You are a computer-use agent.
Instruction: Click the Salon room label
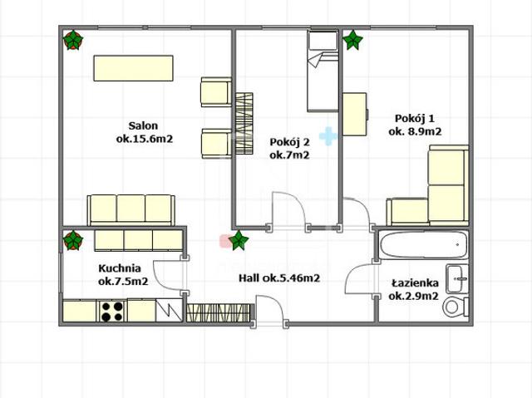(x=143, y=125)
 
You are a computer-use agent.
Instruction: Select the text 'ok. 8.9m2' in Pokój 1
(x=415, y=131)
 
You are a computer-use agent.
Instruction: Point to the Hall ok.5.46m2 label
(x=279, y=278)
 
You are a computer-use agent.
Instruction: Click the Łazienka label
(x=415, y=283)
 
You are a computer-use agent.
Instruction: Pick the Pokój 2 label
(x=289, y=142)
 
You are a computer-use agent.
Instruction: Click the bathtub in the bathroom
(x=423, y=245)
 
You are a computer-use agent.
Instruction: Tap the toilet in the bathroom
(x=456, y=307)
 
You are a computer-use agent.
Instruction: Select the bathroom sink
(x=457, y=278)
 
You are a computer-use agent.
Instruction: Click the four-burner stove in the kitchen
(x=112, y=312)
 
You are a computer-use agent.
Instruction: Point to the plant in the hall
(x=239, y=240)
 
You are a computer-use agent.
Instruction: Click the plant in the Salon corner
(x=73, y=40)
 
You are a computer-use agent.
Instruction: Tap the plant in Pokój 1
(x=352, y=40)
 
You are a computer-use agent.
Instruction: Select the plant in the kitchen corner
(x=73, y=240)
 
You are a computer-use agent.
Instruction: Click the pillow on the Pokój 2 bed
(x=323, y=42)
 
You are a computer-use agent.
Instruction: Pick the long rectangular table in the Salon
(x=133, y=68)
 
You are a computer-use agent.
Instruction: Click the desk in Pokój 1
(x=355, y=114)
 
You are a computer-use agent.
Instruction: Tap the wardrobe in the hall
(x=220, y=312)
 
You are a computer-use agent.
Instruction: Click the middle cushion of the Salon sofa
(x=131, y=209)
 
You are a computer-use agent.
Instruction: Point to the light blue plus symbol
(x=328, y=136)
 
